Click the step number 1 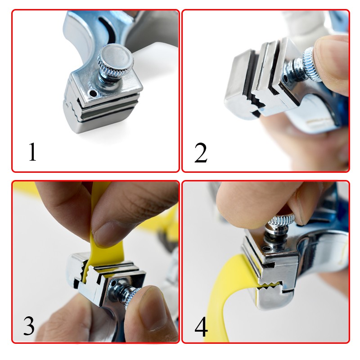tap(32, 152)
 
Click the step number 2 tap(201, 153)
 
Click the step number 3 tap(29, 326)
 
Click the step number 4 tap(201, 327)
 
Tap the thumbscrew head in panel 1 tap(116, 61)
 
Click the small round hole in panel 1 tap(93, 93)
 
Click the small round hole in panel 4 tap(266, 248)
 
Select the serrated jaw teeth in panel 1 tap(73, 108)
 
